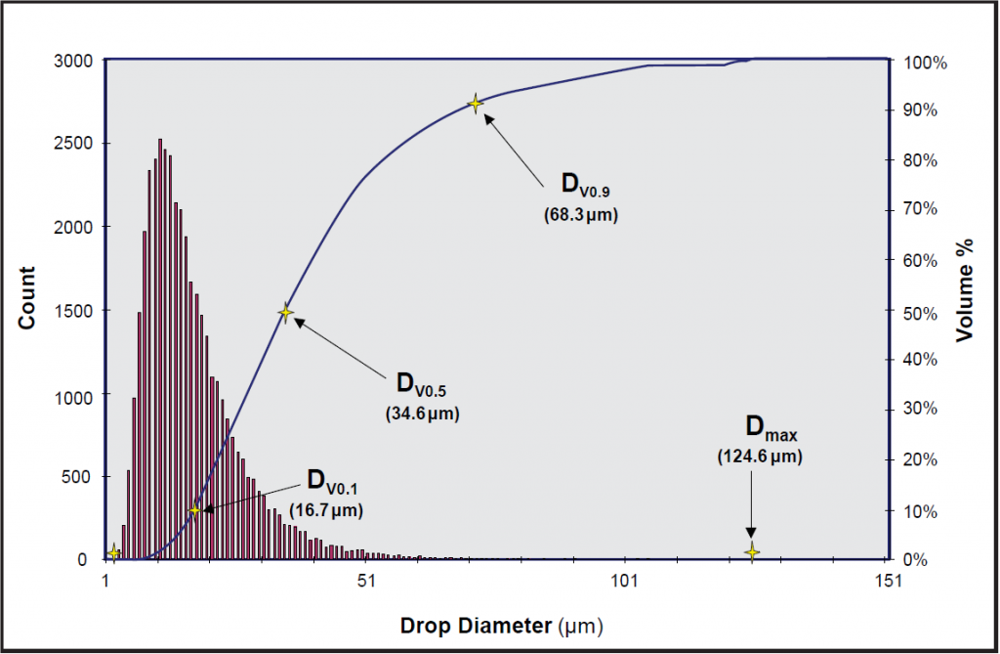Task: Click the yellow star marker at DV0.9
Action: tap(476, 103)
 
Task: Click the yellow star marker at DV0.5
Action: tap(286, 313)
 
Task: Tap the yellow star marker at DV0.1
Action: tap(194, 509)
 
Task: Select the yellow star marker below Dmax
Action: tap(751, 552)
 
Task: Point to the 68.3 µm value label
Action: tap(582, 214)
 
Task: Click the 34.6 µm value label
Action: tap(423, 414)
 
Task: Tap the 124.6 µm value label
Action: tap(759, 457)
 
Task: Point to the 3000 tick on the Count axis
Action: tap(72, 61)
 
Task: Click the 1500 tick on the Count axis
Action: tap(72, 311)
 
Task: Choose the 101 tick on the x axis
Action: tap(625, 580)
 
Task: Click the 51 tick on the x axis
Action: tap(365, 580)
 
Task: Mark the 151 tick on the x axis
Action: tap(885, 580)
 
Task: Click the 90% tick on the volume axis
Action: tap(922, 110)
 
